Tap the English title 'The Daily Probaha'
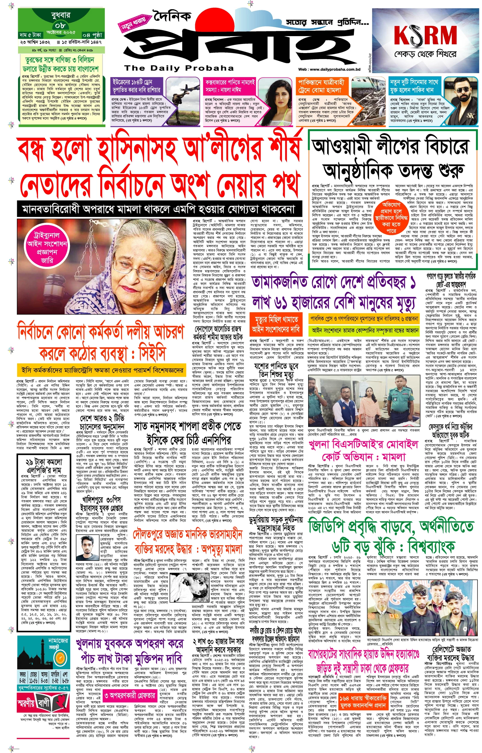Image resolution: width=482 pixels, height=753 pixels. tap(179, 68)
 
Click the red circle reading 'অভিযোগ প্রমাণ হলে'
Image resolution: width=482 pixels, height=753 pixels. tap(391, 217)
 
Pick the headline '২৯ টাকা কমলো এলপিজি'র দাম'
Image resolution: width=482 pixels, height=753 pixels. tap(44, 467)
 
